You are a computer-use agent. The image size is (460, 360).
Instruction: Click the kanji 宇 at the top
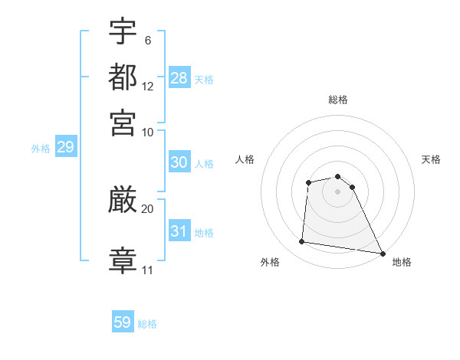(x=123, y=31)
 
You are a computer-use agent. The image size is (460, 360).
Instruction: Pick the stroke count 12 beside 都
(x=148, y=87)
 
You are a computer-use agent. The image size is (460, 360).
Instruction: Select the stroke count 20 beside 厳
(x=148, y=208)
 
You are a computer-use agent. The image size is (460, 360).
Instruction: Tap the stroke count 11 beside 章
(x=148, y=270)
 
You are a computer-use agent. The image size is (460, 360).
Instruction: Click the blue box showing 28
(x=179, y=78)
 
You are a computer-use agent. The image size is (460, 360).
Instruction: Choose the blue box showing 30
(x=179, y=163)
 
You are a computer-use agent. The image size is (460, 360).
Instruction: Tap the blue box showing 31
(x=179, y=231)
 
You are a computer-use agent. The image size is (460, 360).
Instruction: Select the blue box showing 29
(x=65, y=148)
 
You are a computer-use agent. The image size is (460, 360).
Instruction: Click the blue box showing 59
(x=123, y=322)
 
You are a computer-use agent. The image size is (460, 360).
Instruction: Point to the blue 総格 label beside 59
(x=147, y=324)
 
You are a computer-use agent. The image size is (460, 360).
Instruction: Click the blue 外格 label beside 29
(x=41, y=149)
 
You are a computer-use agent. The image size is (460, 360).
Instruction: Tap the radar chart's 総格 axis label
(x=338, y=100)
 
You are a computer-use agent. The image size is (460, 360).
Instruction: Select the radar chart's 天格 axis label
(x=432, y=159)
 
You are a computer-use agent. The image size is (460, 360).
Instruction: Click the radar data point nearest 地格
(x=382, y=252)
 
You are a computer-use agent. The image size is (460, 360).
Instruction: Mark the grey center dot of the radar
(x=338, y=191)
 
